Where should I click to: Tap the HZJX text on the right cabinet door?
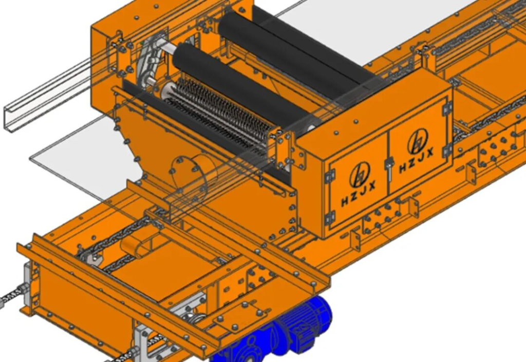[416, 160]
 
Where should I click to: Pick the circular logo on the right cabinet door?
[418, 141]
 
